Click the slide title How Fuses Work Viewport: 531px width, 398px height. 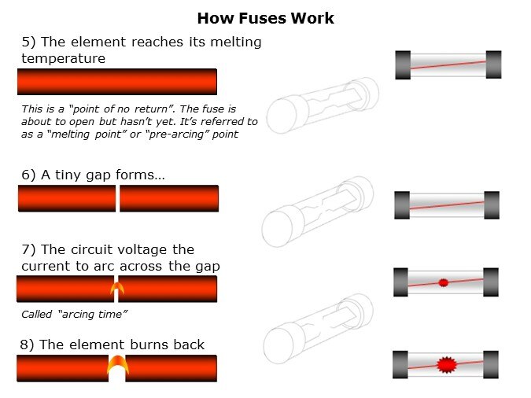[x=265, y=17]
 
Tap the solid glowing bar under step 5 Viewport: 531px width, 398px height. [x=116, y=82]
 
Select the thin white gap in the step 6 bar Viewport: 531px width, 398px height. [x=117, y=198]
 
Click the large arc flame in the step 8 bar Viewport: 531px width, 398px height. [x=116, y=364]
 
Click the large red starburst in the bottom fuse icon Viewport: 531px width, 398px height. [x=446, y=363]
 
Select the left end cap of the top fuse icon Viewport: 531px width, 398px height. [x=403, y=65]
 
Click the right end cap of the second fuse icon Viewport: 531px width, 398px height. [x=491, y=205]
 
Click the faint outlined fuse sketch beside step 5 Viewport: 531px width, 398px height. [x=323, y=106]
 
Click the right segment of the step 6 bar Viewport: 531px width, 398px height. [x=168, y=198]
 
